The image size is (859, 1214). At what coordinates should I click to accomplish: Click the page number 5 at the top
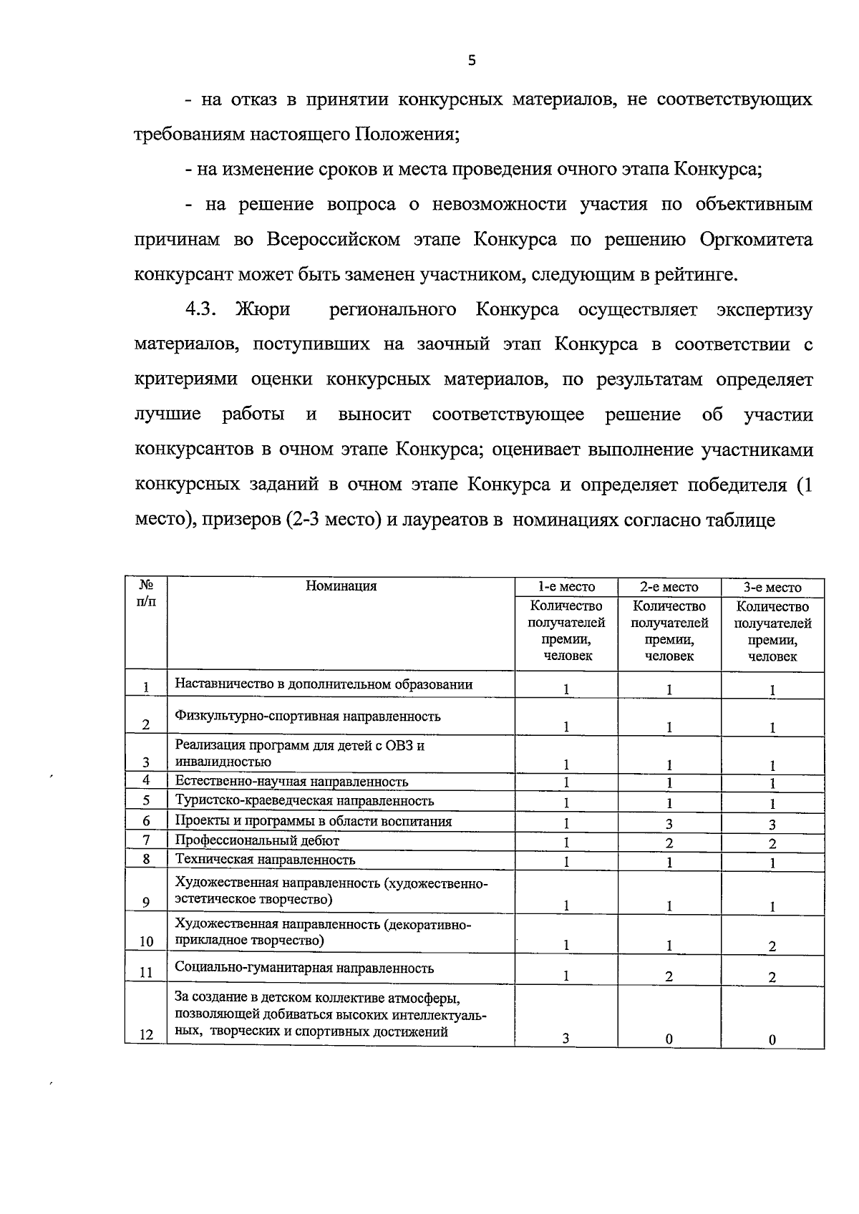tap(471, 61)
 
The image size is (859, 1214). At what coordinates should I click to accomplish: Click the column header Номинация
tap(341, 586)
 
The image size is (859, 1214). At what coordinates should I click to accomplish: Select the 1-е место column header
tap(566, 587)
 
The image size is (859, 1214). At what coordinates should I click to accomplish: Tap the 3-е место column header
tap(772, 587)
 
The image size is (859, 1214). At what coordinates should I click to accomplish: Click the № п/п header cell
tap(146, 593)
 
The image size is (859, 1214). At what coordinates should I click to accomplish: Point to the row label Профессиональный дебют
tap(258, 840)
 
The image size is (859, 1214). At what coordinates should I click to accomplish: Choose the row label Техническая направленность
tap(266, 859)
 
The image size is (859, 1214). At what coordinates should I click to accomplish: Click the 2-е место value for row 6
tap(669, 824)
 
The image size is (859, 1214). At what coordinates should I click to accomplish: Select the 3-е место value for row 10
tap(772, 946)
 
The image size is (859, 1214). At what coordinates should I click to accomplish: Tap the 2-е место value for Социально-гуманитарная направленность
tap(669, 976)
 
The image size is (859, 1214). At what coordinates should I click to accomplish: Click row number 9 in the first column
tap(146, 902)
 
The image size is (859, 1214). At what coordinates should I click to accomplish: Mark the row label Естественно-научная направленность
tap(292, 781)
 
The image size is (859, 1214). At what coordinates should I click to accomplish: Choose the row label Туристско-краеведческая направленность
tap(305, 800)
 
